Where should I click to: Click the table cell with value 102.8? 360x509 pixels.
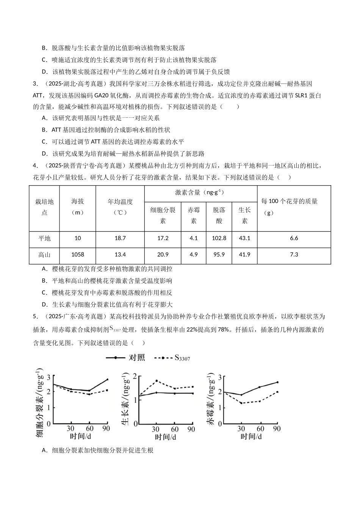219,238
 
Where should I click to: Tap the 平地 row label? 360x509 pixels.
44,238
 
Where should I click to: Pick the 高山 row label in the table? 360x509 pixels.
44,254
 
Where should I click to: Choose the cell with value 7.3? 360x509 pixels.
294,254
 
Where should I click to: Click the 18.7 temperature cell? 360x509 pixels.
120,238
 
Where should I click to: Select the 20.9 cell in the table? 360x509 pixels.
163,254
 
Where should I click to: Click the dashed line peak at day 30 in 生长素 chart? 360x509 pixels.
156,381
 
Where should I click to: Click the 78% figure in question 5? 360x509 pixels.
224,329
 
